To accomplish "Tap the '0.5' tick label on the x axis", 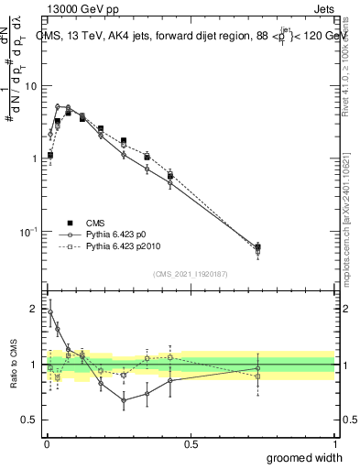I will point(191,443).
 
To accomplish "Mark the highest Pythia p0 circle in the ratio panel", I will point(49,311).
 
